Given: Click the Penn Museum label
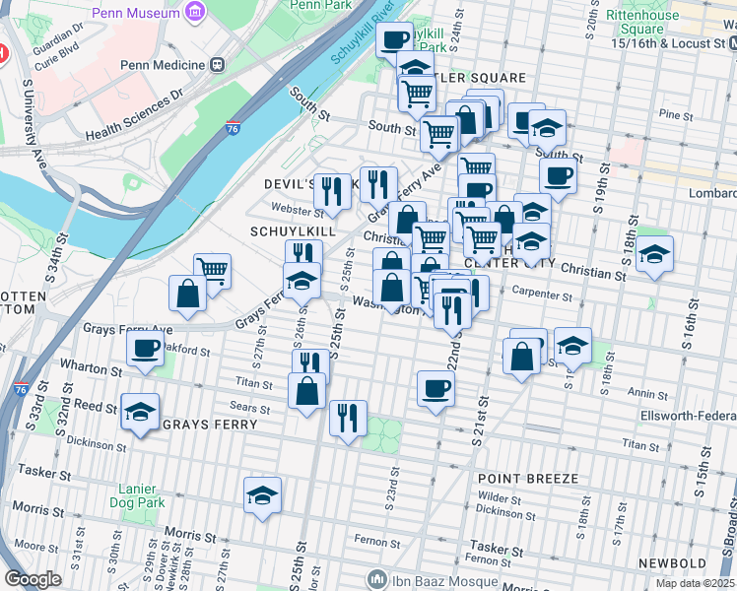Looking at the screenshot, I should click(138, 13).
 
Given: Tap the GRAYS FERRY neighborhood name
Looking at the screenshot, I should click(209, 425).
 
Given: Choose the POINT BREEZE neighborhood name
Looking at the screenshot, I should click(528, 478).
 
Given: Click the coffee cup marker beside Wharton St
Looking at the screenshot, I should click(147, 349).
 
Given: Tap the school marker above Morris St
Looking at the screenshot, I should click(263, 495).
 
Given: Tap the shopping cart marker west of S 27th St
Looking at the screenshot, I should click(212, 269).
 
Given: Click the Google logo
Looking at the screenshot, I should click(33, 579).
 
